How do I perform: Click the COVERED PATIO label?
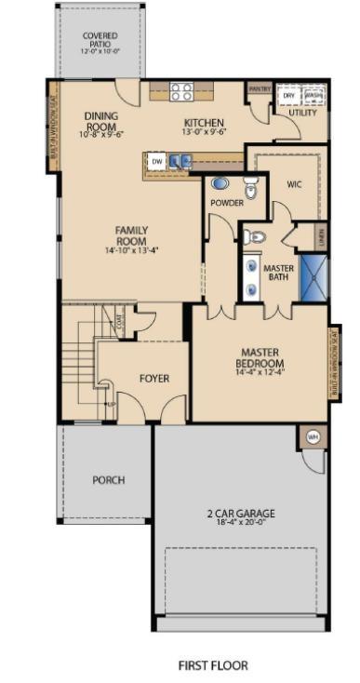(100, 41)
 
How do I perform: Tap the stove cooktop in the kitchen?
(181, 91)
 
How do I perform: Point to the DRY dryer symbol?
(289, 95)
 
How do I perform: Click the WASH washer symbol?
(313, 95)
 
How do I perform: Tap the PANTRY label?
(260, 89)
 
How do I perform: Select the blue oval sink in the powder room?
(220, 183)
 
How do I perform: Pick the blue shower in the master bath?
(313, 276)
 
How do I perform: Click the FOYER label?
(154, 379)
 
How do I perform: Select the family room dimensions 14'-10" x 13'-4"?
(132, 250)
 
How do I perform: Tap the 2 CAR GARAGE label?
(241, 514)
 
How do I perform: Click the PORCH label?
(108, 480)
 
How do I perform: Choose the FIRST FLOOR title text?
(213, 665)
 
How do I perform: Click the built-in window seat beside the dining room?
(53, 127)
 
